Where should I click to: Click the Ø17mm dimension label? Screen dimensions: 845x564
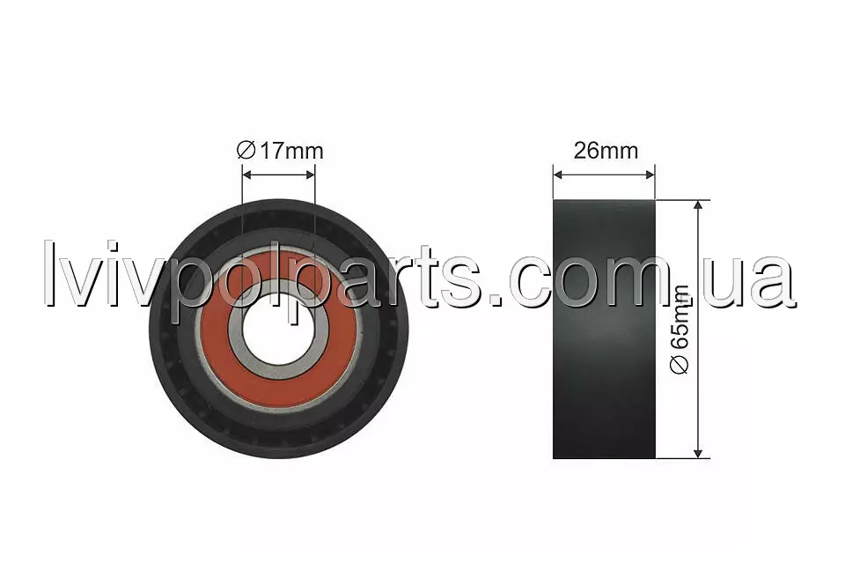pos(280,151)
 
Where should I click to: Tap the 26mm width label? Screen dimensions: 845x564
pos(606,151)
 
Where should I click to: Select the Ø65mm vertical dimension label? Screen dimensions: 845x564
pos(680,330)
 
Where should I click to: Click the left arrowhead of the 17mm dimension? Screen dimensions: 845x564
pos(246,174)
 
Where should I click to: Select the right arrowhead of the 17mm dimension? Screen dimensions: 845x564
pos(310,174)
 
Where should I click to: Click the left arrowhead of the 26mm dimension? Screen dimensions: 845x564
pos(558,174)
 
